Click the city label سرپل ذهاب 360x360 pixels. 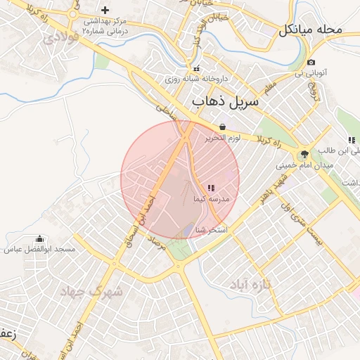click(x=226, y=101)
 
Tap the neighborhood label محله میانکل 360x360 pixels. click(x=310, y=30)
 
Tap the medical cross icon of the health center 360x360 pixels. click(x=105, y=10)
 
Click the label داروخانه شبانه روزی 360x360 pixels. click(x=189, y=79)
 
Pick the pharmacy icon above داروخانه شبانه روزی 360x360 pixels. click(x=197, y=68)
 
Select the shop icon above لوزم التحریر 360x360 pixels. click(x=222, y=127)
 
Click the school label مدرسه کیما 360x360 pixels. click(x=210, y=199)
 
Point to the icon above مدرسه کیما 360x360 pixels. click(x=211, y=187)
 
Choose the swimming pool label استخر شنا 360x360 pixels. click(x=212, y=230)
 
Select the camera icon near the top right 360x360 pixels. click(x=311, y=62)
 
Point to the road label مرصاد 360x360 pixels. click(x=158, y=246)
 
